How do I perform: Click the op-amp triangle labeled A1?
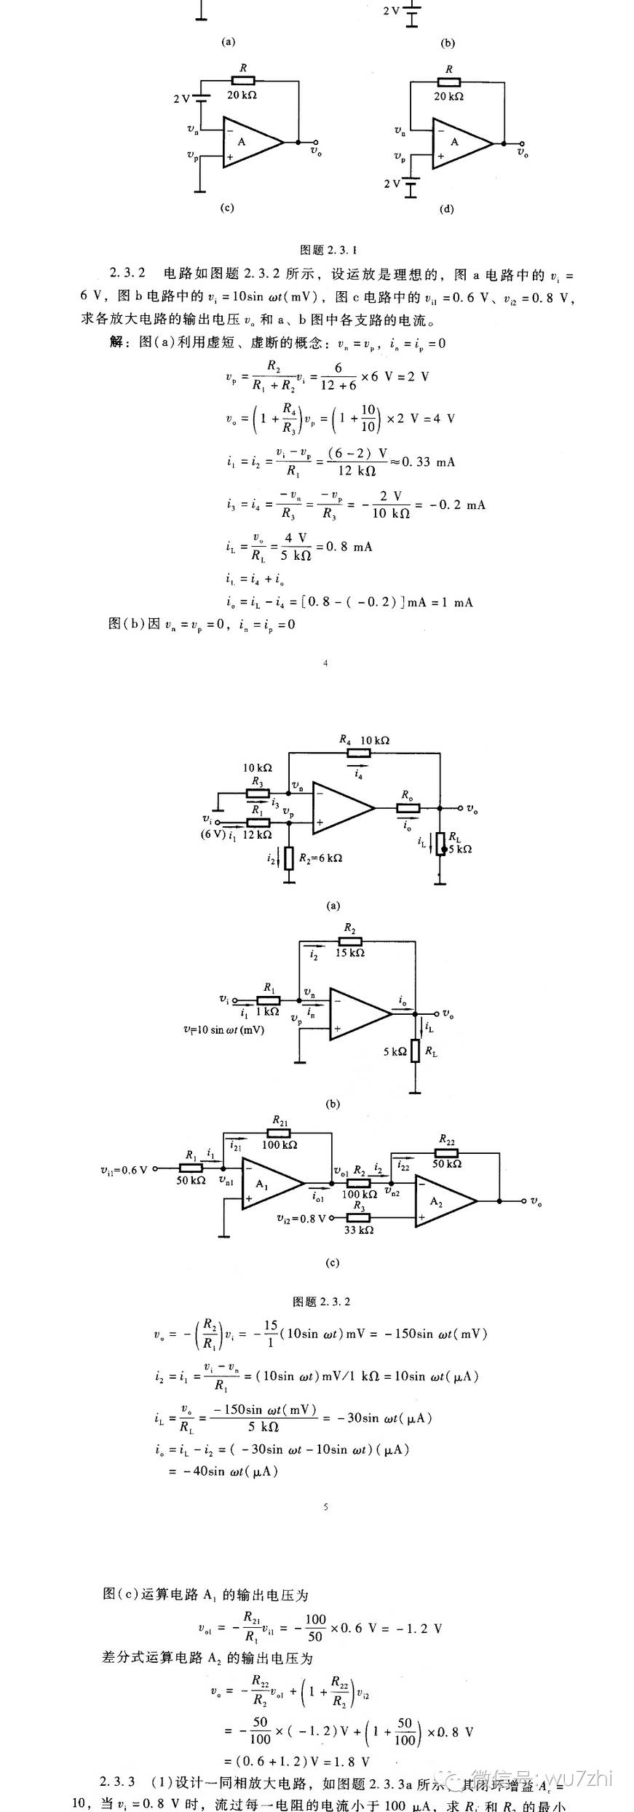click(269, 1184)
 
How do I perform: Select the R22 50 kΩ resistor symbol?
click(446, 1152)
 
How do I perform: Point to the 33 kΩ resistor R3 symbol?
click(359, 1217)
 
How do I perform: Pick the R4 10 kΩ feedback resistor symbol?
click(359, 753)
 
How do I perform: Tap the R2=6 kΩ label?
click(320, 858)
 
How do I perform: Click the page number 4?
click(325, 662)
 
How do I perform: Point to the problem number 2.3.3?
click(117, 1781)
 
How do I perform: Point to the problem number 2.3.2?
click(128, 274)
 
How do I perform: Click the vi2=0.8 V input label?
click(301, 1217)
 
